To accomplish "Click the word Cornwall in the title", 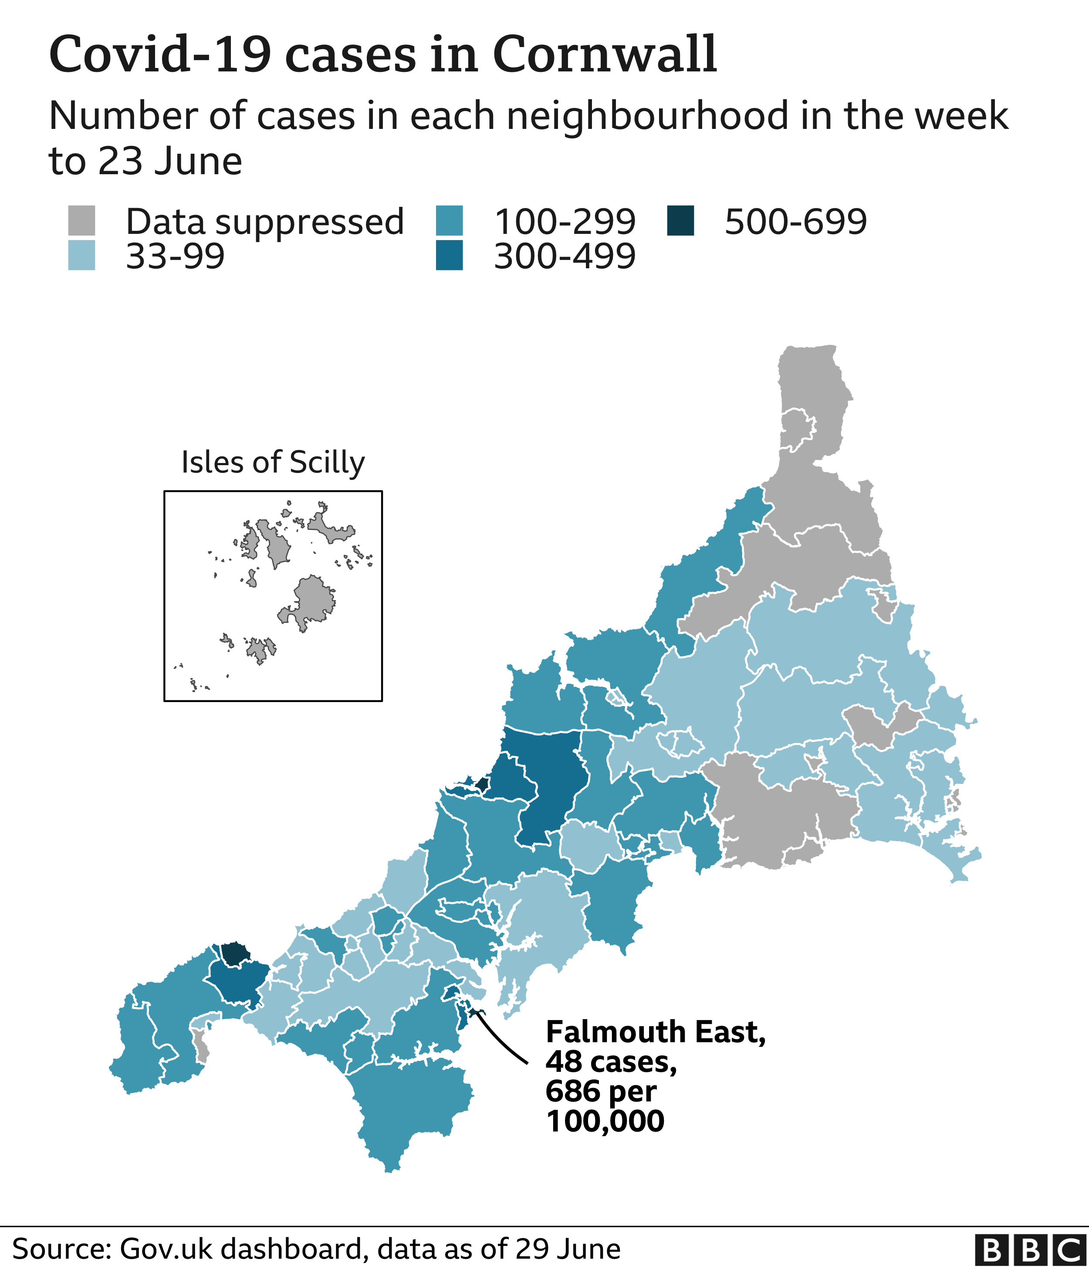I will point(604,55).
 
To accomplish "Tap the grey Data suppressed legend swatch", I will point(81,221).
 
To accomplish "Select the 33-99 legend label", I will point(175,256).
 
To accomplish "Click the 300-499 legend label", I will point(565,256).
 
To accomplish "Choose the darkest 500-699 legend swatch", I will point(680,221).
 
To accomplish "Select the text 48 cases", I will point(611,1062).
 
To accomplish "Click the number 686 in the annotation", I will point(572,1091).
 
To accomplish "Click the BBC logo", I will point(1030,1251).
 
